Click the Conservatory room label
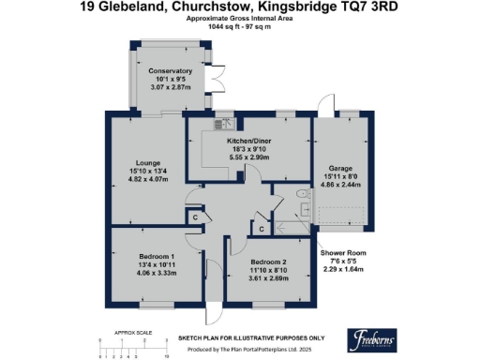[170, 70]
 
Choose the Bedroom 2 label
[269, 262]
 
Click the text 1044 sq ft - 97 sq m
[239, 28]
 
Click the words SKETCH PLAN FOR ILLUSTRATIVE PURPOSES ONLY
[251, 337]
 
